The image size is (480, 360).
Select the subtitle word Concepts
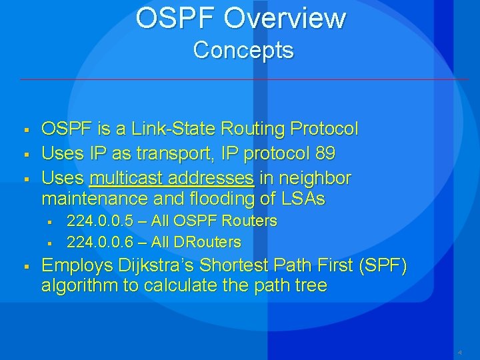243,50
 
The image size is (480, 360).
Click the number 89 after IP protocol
325,153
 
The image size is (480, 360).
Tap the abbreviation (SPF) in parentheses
383,265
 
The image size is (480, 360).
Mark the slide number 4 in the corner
459,352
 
